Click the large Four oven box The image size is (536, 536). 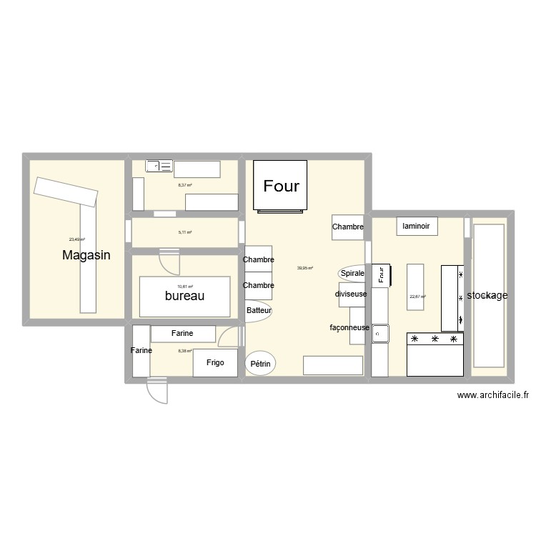(x=282, y=186)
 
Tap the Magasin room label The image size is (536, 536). (x=86, y=255)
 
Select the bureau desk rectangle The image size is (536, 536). (x=185, y=296)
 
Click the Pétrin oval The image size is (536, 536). (x=261, y=364)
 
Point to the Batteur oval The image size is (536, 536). (x=259, y=311)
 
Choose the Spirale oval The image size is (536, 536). (x=352, y=274)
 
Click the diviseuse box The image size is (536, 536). (x=352, y=294)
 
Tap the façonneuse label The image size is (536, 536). (x=349, y=328)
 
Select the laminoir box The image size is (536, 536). (x=416, y=226)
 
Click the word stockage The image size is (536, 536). (x=487, y=295)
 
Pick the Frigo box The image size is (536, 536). (x=215, y=363)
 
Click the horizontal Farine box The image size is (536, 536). (x=182, y=334)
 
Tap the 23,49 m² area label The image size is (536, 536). (x=77, y=239)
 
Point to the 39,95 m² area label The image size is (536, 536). (x=305, y=269)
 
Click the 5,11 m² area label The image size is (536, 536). (x=184, y=232)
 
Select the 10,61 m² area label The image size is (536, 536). (x=185, y=287)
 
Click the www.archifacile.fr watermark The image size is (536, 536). (x=492, y=395)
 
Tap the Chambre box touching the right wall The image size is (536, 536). (x=348, y=227)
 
